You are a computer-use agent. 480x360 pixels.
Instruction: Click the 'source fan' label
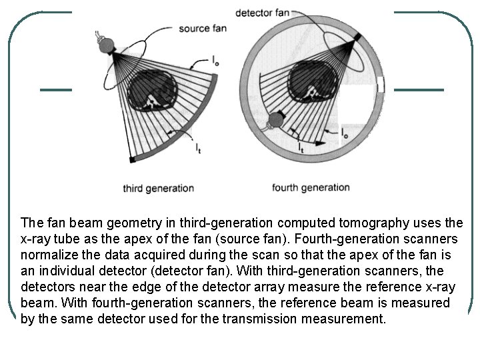coord(203,29)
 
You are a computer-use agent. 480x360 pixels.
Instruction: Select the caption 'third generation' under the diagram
coord(158,188)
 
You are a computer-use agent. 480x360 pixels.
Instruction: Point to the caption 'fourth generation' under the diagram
coord(311,187)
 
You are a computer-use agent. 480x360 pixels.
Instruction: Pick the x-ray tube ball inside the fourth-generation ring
coord(274,121)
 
